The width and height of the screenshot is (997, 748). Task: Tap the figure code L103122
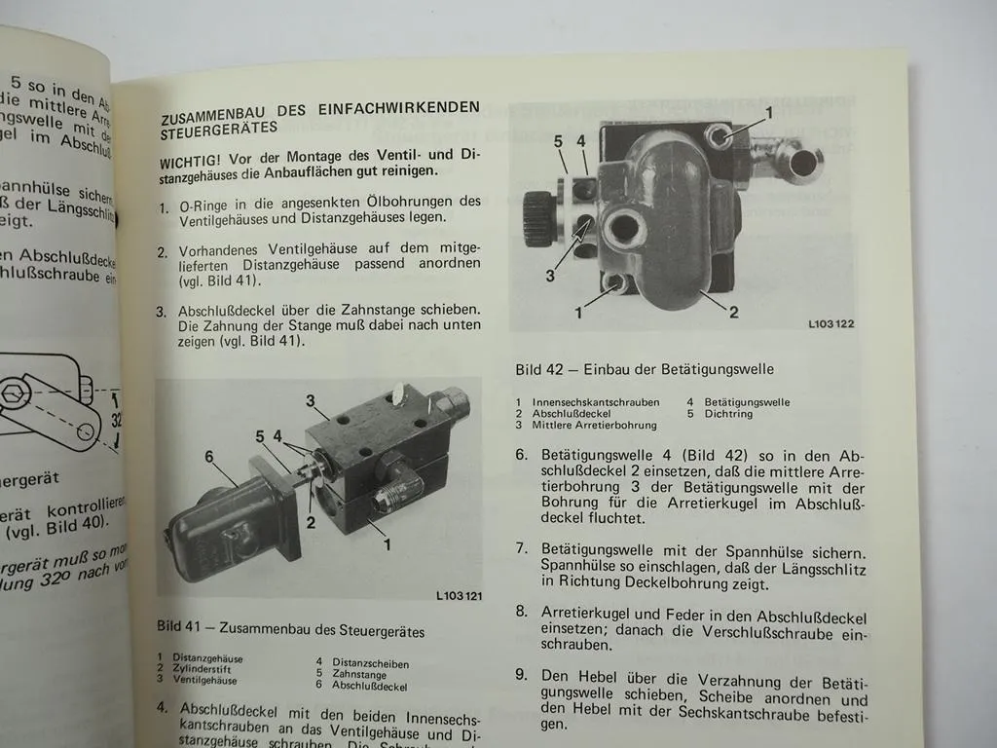coord(831,323)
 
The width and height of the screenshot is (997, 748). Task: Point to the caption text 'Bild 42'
coord(537,369)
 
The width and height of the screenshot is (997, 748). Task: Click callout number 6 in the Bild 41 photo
coord(207,456)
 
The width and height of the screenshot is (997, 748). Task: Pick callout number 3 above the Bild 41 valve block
coord(310,400)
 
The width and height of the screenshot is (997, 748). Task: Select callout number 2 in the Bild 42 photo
coord(733,312)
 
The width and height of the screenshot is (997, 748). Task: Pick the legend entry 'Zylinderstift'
coord(202,668)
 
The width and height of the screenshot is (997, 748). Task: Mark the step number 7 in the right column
coord(522,549)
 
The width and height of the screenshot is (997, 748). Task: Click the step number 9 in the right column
coord(522,674)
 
